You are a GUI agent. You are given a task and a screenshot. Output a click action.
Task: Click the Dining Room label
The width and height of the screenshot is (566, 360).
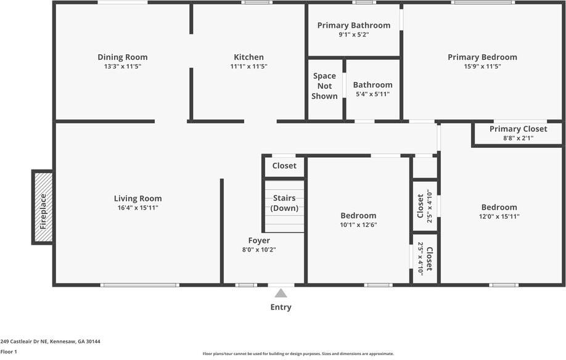click(122, 57)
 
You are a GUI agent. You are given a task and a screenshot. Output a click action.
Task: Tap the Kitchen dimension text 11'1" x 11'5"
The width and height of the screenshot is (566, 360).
click(248, 67)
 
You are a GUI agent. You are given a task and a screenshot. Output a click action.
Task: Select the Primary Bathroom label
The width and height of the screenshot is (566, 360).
click(353, 25)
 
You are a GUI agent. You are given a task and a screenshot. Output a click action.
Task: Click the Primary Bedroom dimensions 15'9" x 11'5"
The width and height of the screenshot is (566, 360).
click(482, 67)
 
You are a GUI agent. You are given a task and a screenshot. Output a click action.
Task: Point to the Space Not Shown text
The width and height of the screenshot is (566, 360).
click(324, 86)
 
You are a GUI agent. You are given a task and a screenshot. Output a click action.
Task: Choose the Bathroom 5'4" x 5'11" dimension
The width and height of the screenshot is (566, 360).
click(372, 94)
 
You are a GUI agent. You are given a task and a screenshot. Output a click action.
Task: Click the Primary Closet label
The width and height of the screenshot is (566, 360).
click(518, 129)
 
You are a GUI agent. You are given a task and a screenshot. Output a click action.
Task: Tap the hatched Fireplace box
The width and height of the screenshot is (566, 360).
click(43, 208)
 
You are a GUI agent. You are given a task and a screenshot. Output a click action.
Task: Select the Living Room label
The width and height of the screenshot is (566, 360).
click(137, 198)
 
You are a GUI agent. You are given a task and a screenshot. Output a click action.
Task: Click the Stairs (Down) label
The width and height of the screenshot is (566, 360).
click(284, 203)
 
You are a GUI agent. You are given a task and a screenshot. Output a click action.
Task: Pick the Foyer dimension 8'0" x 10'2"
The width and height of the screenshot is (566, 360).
click(259, 250)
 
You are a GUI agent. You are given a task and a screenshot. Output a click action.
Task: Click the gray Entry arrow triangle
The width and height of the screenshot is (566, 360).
click(281, 293)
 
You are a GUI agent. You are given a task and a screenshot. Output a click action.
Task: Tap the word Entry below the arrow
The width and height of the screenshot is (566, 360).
click(281, 307)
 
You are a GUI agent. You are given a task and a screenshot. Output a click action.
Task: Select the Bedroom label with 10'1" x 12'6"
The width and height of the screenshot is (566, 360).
click(358, 215)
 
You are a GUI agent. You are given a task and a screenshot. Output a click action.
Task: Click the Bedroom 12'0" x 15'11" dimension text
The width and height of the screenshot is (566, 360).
click(499, 216)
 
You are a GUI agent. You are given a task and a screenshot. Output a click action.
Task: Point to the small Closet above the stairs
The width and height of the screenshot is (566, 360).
click(284, 166)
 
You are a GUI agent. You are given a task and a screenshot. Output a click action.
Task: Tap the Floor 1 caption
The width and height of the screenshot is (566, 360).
click(9, 351)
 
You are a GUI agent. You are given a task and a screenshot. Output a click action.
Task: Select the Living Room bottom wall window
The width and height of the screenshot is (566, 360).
click(140, 285)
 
